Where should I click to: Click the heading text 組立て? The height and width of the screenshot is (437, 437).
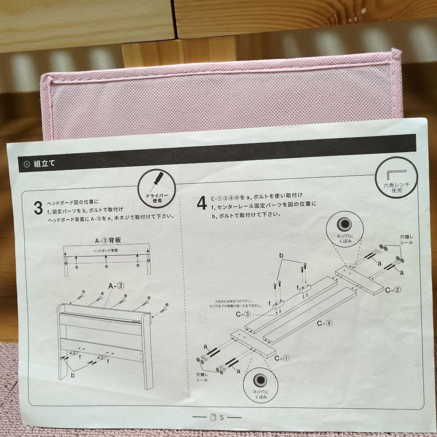pos(45,163)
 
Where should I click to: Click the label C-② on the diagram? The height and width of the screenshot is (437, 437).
pos(393,290)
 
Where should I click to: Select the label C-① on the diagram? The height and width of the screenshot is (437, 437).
pos(282,358)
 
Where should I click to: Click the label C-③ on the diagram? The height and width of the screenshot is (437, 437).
pos(243,314)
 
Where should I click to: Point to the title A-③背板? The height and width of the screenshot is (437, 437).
pos(108,240)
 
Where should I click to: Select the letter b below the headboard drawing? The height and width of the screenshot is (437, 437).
pos(73,375)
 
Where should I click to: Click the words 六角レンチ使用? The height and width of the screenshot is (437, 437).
pos(397,188)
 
